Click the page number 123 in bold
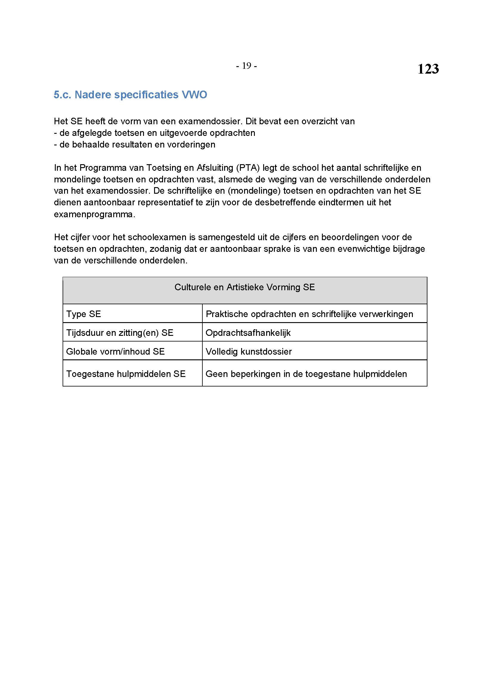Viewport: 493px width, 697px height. tap(428, 69)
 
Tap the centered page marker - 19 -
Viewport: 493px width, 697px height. tap(246, 66)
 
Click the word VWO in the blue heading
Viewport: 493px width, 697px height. tap(194, 95)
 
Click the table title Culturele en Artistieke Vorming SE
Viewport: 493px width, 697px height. tap(244, 287)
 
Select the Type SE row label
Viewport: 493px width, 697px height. tap(83, 314)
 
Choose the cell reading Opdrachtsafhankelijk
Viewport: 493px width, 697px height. tap(248, 333)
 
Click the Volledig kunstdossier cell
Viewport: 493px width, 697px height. tap(248, 352)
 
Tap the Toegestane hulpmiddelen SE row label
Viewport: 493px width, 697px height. tap(126, 374)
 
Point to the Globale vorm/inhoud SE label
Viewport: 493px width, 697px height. tap(115, 352)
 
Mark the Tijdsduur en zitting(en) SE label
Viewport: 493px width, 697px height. tap(120, 333)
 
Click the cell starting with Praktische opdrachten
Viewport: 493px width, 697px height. tap(309, 314)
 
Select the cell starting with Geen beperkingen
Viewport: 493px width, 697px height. tap(306, 374)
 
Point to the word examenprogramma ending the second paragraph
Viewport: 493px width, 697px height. tap(94, 214)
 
